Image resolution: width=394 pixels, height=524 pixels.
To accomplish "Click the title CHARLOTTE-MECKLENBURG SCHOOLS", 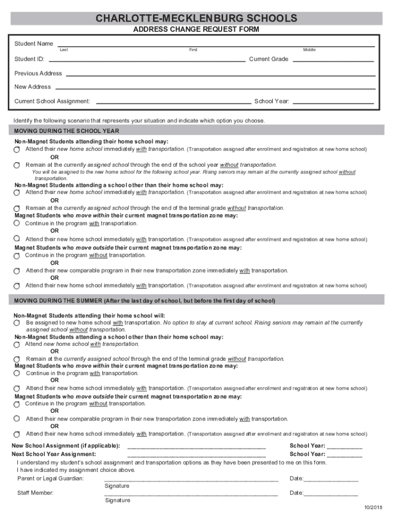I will pos(196,19).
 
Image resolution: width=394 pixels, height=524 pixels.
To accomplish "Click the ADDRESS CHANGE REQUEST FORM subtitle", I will pos(196,30).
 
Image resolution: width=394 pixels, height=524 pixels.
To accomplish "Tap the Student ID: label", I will pos(29,59).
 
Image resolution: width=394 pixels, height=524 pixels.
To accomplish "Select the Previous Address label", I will pos(38,74).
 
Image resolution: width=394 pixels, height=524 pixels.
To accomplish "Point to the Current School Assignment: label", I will pos(52,101).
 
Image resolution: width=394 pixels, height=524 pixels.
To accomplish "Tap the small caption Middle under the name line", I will pos(309,50).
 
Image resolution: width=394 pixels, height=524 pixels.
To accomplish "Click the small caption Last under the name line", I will pos(64,50).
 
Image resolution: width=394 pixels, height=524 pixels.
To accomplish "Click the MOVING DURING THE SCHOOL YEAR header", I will pos(67,131).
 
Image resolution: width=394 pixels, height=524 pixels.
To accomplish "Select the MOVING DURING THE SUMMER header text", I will pos(144,301).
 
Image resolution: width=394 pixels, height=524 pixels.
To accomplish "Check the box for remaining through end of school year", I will pos(17,165).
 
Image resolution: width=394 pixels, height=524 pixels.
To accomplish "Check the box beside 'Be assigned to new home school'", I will pos(17,323).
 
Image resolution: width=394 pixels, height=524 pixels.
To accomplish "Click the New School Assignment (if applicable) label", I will pos(65,446).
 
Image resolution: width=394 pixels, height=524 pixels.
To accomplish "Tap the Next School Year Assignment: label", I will pos(54,454).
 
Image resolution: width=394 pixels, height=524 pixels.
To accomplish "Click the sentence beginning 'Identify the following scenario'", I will pos(139,121).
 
